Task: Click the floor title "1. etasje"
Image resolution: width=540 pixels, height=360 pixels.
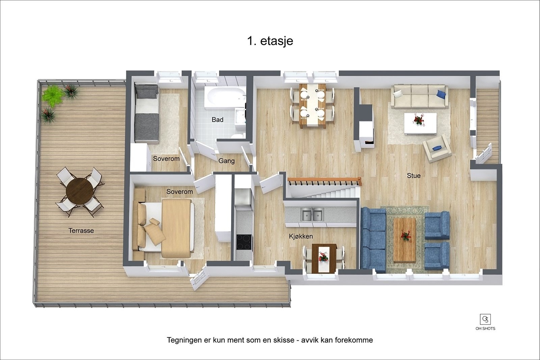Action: click(x=270, y=41)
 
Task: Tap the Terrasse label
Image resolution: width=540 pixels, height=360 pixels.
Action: click(x=81, y=231)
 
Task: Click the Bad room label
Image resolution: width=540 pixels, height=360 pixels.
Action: click(x=217, y=120)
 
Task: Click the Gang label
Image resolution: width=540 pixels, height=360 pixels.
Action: click(x=226, y=161)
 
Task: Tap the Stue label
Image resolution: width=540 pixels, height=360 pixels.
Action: click(x=413, y=176)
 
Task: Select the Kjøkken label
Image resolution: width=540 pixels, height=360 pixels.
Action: click(x=301, y=236)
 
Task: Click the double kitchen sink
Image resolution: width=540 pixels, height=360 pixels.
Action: click(x=312, y=215)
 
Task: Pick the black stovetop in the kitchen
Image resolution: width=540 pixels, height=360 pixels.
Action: click(x=244, y=242)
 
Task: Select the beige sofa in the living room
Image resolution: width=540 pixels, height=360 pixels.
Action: click(x=420, y=96)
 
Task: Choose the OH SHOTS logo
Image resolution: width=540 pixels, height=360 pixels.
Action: click(x=485, y=322)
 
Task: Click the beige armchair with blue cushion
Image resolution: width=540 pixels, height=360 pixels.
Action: click(x=437, y=148)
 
